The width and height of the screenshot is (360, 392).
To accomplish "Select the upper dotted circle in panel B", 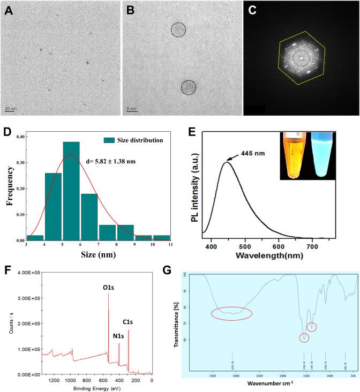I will [x=179, y=30].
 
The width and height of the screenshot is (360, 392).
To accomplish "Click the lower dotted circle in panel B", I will [x=189, y=87].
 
